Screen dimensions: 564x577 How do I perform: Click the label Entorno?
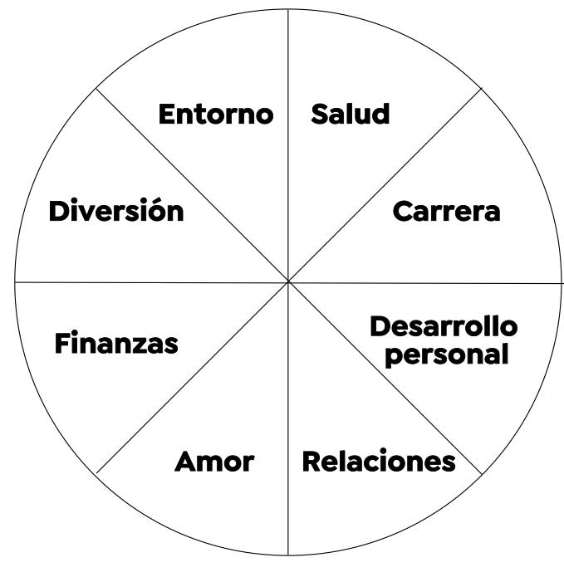pyautogui.click(x=215, y=114)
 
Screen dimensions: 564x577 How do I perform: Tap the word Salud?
pyautogui.click(x=350, y=114)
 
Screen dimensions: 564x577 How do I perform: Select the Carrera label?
pyautogui.click(x=446, y=211)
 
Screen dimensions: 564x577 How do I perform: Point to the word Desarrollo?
pyautogui.click(x=443, y=326)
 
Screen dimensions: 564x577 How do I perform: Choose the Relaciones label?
pyautogui.click(x=378, y=461)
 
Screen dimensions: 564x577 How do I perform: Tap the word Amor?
pyautogui.click(x=213, y=462)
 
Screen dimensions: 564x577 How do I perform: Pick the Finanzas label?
pyautogui.click(x=116, y=342)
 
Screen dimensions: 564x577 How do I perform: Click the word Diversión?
pyautogui.click(x=115, y=211)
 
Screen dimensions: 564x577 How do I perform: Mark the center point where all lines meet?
pyautogui.click(x=288, y=282)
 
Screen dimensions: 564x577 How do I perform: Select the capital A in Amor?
pyautogui.click(x=186, y=462)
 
